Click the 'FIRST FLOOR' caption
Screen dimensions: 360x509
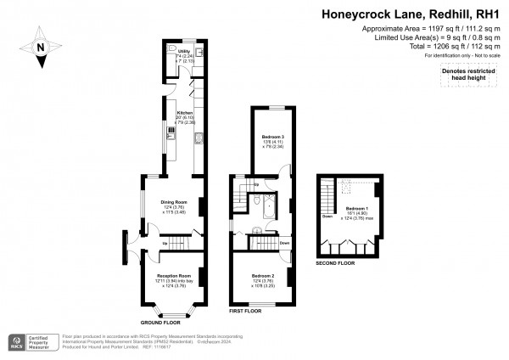pos(247,311)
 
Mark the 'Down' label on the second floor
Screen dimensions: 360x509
pos(327,216)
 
